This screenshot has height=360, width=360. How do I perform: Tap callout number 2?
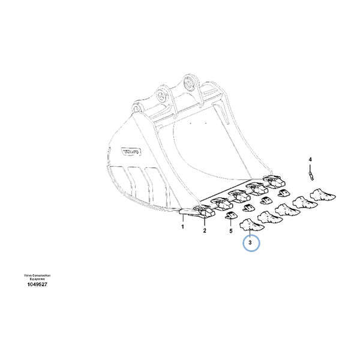coord(204,230)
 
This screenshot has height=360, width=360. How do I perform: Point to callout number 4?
coord(311,159)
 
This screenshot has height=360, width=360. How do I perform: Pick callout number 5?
coord(230,230)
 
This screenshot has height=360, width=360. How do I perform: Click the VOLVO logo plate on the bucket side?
coord(131,152)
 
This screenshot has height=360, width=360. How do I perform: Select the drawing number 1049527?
coord(37,284)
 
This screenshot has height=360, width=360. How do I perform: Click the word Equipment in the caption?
coord(37,278)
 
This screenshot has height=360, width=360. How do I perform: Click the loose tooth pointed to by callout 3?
coord(251,226)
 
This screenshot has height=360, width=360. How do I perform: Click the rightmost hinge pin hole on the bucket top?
coord(191,83)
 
